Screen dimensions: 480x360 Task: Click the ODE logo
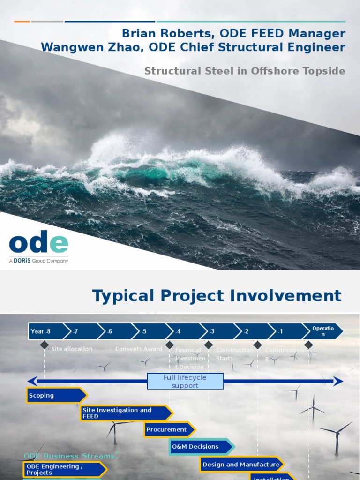38,244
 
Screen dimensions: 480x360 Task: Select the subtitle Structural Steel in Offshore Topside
245,71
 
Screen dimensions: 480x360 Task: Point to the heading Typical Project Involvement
217,296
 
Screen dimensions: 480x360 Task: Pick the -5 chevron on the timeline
147,331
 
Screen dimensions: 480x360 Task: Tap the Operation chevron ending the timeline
322,331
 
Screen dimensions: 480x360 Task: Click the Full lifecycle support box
185,381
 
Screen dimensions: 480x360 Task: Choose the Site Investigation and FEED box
125,413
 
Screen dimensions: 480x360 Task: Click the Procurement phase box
168,429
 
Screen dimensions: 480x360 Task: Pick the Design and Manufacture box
241,465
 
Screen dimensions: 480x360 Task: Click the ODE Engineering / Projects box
64,469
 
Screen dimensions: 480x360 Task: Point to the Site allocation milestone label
72,349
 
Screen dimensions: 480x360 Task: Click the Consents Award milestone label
139,349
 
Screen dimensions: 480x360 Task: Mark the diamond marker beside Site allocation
44,345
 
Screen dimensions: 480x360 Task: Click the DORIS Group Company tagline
38,261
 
